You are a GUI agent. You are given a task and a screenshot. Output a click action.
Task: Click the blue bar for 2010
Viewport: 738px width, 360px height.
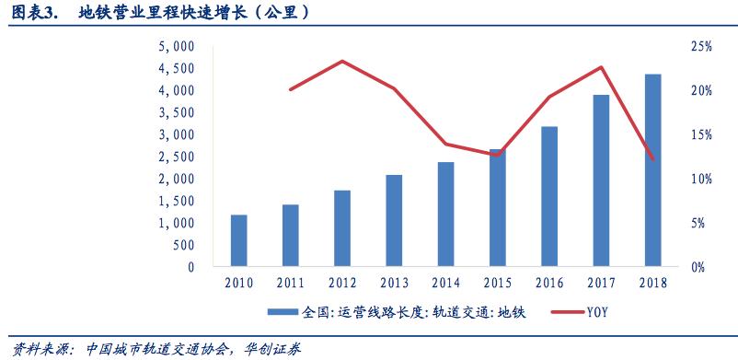[x=238, y=241]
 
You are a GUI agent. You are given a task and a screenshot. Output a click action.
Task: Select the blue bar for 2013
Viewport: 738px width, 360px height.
[x=394, y=221]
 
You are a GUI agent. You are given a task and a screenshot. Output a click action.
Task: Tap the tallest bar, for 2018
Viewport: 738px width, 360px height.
[x=652, y=170]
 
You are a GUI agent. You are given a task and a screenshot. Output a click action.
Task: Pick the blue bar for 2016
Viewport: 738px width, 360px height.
[x=548, y=197]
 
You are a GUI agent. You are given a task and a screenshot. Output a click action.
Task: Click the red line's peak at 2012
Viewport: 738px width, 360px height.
[x=341, y=62]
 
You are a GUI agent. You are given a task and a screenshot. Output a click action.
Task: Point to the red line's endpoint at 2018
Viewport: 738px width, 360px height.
[x=652, y=159]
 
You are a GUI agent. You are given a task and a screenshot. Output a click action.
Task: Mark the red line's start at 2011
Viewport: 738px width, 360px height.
[x=290, y=89]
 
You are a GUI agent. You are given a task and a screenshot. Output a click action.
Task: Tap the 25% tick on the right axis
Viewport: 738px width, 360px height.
[x=699, y=46]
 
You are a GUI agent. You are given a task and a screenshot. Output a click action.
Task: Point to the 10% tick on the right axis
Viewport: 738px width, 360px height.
[x=699, y=179]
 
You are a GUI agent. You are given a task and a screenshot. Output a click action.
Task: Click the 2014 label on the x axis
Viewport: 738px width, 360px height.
[x=445, y=283]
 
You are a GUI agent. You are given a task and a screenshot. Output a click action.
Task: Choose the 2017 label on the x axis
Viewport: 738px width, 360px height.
[x=600, y=283]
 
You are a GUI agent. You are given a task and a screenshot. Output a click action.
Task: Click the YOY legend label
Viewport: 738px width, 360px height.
[x=598, y=313]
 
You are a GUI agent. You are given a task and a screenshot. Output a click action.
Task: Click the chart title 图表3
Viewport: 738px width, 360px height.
[x=35, y=13]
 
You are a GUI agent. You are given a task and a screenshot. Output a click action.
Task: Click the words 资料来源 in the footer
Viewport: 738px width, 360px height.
[x=28, y=349]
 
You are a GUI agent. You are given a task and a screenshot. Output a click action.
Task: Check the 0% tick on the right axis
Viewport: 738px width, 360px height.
[x=699, y=267]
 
